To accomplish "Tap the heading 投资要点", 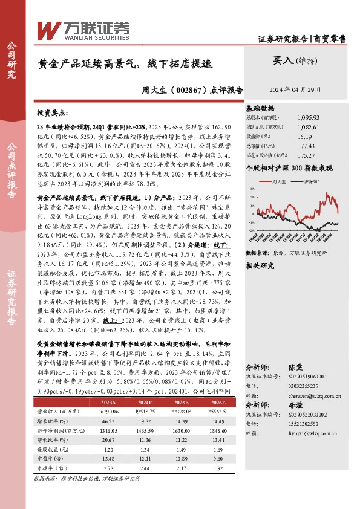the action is point(53,112).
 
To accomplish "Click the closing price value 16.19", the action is point(305,137).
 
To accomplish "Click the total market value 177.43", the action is point(306,146).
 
